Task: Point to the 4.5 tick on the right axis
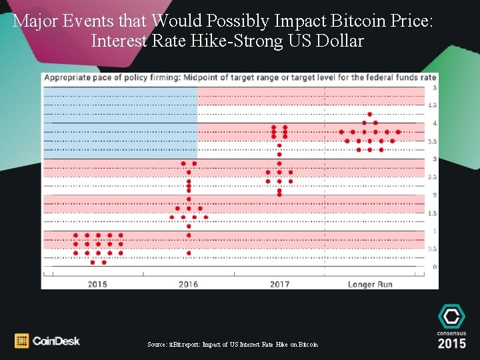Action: (x=432, y=105)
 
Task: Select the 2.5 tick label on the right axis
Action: (x=432, y=177)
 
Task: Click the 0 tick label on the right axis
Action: (x=435, y=267)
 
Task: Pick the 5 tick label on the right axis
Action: (x=435, y=87)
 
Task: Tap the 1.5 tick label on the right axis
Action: (x=432, y=213)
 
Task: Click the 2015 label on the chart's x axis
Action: (x=97, y=285)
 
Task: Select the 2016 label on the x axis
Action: (x=188, y=285)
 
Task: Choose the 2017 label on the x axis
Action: (x=279, y=285)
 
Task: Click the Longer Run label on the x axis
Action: (x=370, y=285)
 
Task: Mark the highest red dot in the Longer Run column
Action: (x=370, y=114)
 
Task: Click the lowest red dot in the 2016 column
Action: (x=189, y=253)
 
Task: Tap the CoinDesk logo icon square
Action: (x=21, y=341)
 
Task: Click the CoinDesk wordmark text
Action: (x=56, y=341)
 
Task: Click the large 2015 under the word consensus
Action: (x=451, y=343)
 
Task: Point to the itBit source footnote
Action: (x=233, y=345)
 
